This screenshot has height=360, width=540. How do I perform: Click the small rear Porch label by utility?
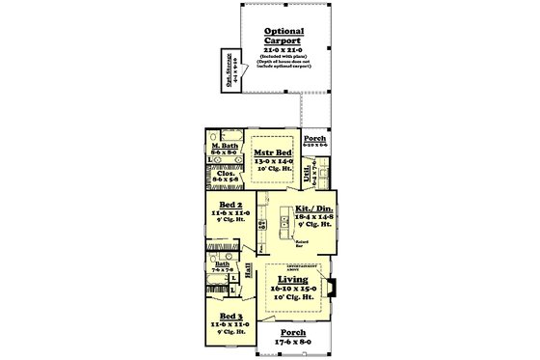pyautogui.click(x=314, y=137)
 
